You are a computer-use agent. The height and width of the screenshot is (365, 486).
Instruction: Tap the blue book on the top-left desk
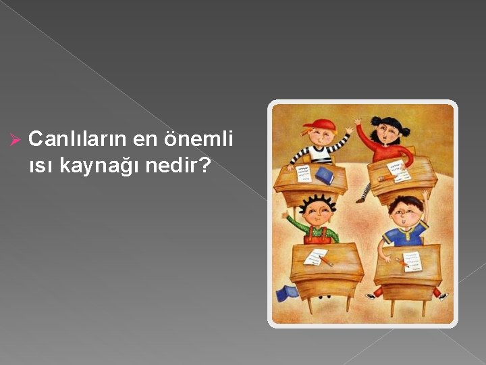[x=325, y=175]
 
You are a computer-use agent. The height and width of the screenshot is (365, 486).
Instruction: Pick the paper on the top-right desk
[x=398, y=172]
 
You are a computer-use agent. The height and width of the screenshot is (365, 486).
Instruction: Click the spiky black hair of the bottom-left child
[x=318, y=201]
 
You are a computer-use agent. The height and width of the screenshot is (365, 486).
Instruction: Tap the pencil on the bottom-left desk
[x=325, y=259]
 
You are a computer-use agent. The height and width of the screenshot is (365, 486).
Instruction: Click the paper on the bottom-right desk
[x=413, y=258]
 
